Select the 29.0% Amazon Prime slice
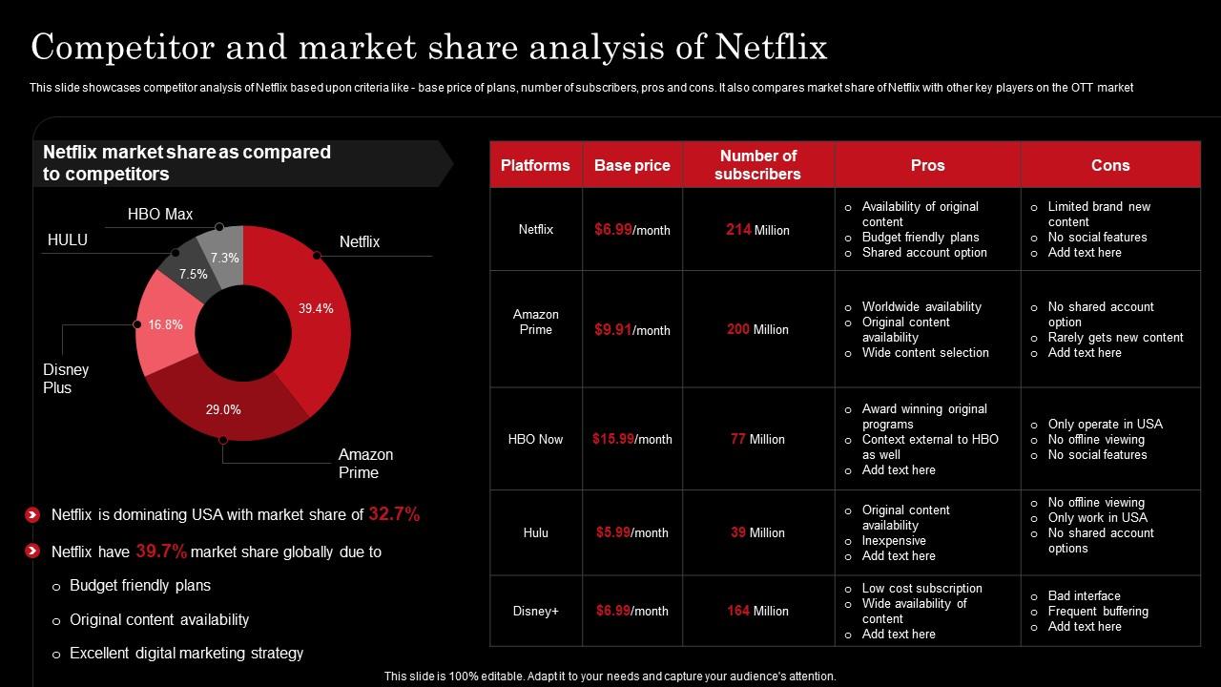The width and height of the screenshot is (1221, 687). coord(223,409)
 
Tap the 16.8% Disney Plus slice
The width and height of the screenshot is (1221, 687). coord(165,325)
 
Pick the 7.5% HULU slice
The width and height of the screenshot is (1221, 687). coord(193,274)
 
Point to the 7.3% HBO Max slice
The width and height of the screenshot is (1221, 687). coord(225,258)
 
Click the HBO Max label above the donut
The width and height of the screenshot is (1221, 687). coord(160,215)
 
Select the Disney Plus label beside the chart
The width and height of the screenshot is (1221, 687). coord(66,379)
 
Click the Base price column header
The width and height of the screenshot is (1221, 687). coord(631,165)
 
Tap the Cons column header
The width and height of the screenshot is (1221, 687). coord(1109,165)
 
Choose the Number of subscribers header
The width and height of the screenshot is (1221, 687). coord(757,165)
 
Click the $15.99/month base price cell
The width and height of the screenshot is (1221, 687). coord(631,439)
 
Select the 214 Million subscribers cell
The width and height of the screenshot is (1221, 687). coord(757,230)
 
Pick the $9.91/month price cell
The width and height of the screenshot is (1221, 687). coord(631,329)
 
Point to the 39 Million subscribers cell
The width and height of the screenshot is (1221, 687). coord(757,532)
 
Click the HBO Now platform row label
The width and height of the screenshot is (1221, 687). coord(535,439)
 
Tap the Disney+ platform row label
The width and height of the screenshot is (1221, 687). coord(535,611)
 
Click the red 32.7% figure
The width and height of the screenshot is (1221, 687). coord(394,514)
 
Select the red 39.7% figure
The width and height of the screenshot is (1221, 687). coord(161,552)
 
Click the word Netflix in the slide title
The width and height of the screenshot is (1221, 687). coord(771,47)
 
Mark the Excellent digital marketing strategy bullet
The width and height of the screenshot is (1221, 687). coord(186,654)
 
